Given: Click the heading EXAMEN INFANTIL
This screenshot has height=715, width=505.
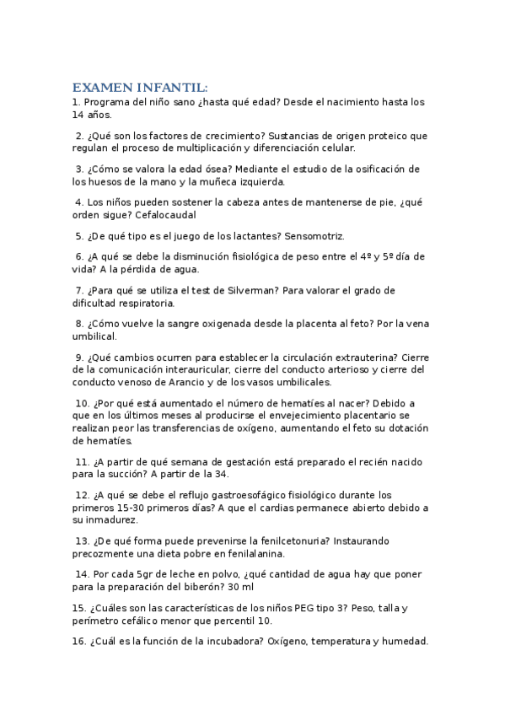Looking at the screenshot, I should tap(139, 88).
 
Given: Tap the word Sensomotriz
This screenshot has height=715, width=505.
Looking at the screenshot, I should tap(314, 236).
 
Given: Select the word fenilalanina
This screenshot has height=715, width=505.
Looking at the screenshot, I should tap(250, 554).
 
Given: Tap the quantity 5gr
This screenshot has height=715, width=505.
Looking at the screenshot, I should tap(142, 575).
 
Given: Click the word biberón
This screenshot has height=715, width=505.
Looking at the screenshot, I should tap(203, 588).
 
